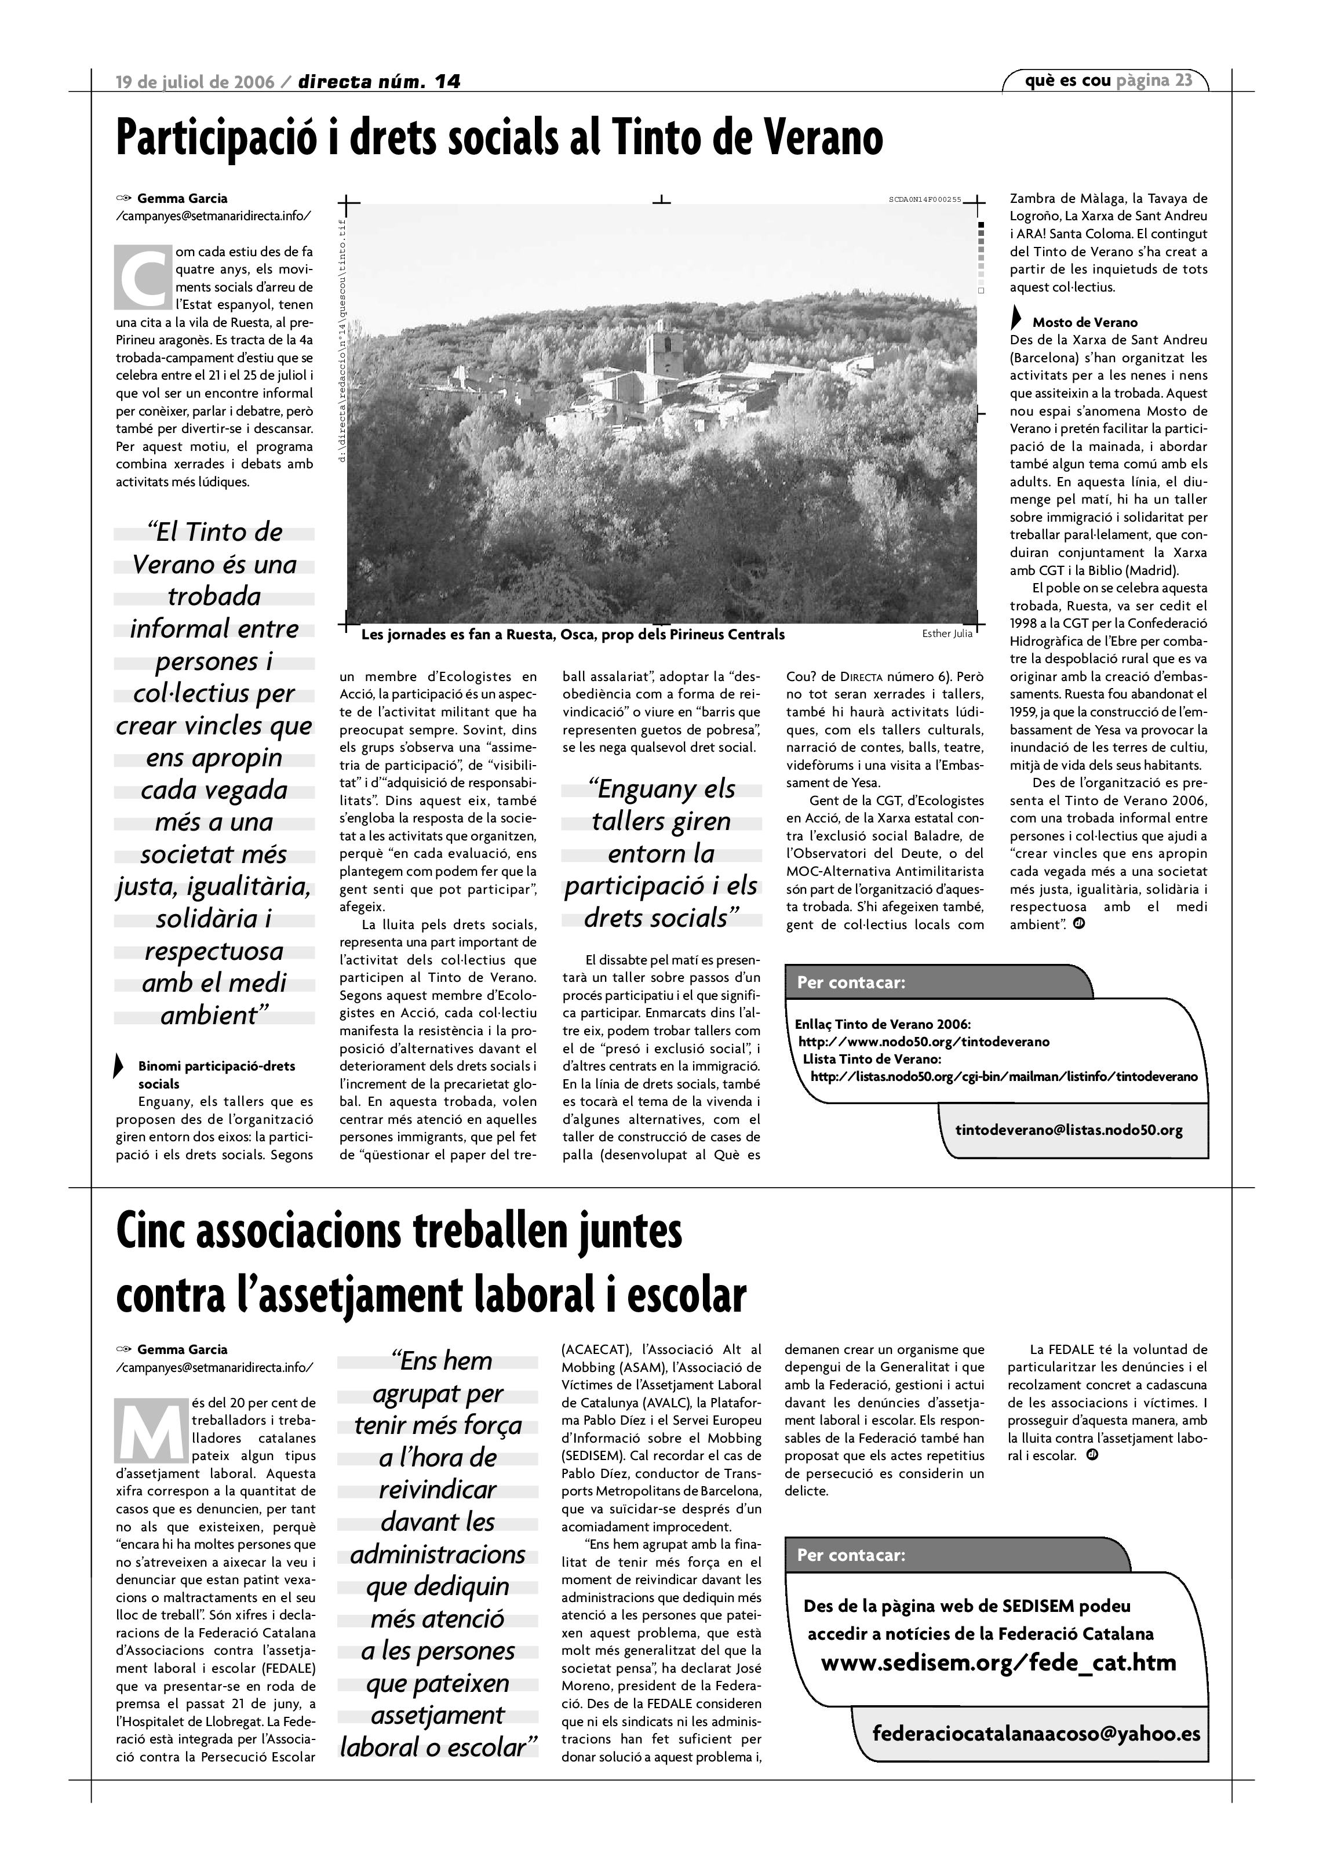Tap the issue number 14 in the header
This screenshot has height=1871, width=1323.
coord(446,82)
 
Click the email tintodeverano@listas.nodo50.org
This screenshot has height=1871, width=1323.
coord(1069,1130)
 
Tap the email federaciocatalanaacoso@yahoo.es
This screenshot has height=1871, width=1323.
coord(1036,1733)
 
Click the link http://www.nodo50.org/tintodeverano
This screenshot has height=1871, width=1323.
coord(924,1042)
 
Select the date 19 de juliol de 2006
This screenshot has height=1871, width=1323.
coord(195,82)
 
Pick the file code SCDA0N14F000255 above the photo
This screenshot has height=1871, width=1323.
coord(925,199)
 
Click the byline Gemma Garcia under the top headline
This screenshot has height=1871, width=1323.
coord(183,198)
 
